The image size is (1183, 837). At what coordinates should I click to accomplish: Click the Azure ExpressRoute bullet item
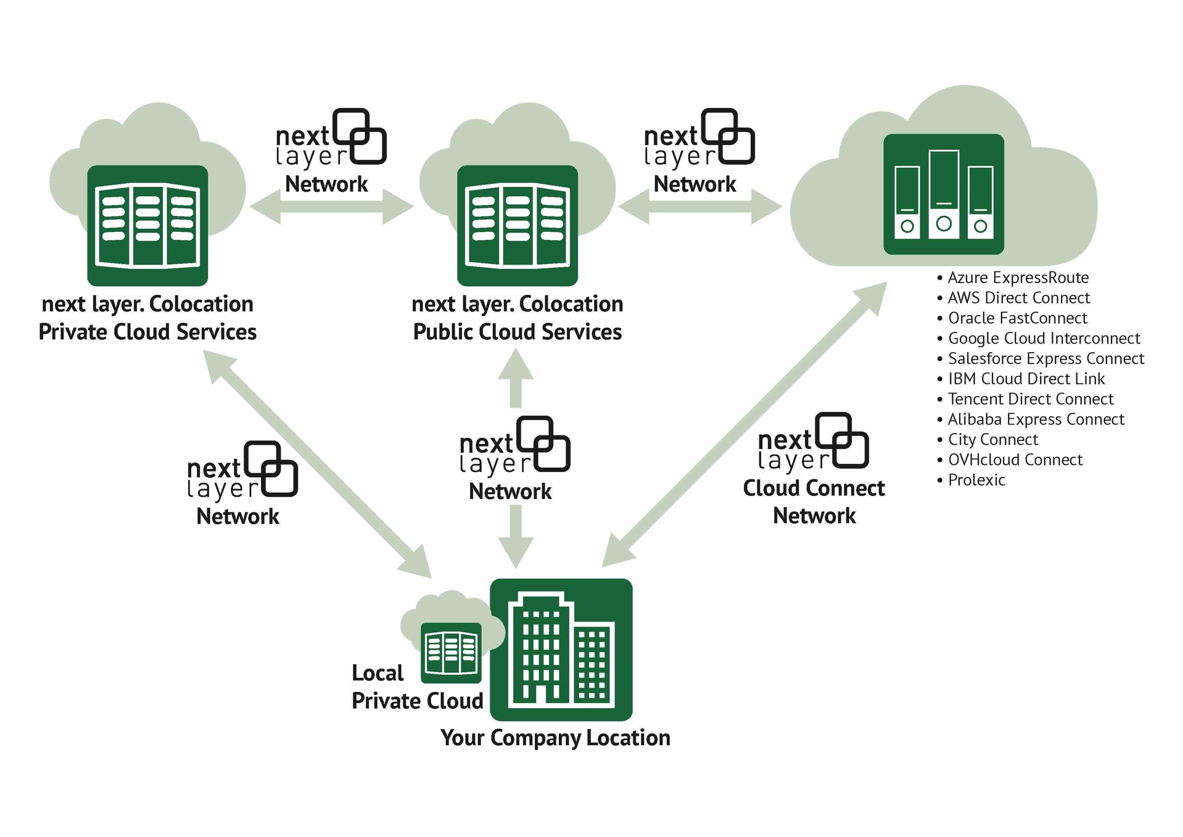click(1018, 278)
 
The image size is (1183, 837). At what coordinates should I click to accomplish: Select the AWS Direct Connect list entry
click(1018, 298)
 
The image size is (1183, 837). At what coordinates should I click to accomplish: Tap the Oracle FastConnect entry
click(1017, 318)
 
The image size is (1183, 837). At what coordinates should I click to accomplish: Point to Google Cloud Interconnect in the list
click(1044, 339)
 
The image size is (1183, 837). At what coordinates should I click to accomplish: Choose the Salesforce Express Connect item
click(1045, 358)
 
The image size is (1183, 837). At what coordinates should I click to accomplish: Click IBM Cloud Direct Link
click(1026, 379)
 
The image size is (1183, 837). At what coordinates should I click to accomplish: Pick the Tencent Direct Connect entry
click(1030, 399)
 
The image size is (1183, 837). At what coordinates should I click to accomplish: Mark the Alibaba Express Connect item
click(1036, 419)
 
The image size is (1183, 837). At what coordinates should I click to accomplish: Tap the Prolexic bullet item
click(976, 480)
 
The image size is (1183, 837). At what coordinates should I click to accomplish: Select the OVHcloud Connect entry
click(1015, 460)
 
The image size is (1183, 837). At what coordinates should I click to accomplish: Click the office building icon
click(561, 649)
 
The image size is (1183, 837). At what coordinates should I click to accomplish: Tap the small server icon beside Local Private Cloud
click(451, 653)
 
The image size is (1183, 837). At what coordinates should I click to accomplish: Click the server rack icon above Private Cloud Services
click(147, 225)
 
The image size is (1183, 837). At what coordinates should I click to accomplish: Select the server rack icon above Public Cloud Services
click(517, 225)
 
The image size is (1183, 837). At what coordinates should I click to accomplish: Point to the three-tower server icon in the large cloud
click(943, 194)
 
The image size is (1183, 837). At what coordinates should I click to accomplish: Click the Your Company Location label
click(555, 738)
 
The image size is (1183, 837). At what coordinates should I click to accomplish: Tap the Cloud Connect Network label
click(814, 501)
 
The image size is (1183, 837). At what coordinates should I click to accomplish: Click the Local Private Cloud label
click(417, 687)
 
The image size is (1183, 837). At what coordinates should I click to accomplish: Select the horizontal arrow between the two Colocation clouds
click(331, 207)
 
